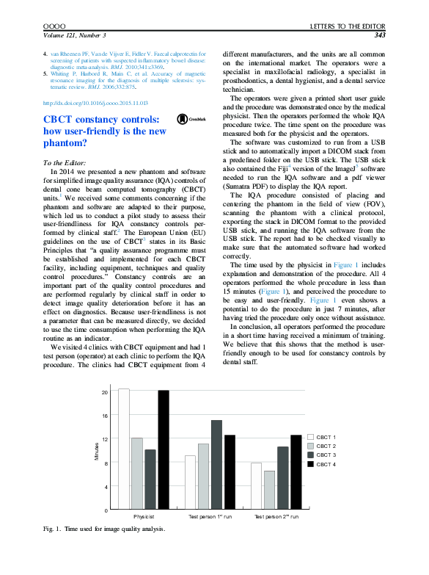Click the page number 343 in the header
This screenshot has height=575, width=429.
pos(380,35)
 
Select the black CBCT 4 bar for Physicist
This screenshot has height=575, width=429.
pos(163,449)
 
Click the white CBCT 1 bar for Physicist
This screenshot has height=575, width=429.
pos(124,449)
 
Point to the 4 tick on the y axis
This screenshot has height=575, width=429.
pos(106,487)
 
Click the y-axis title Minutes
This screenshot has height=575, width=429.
pos(96,452)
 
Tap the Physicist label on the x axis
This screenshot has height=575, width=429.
pos(143,517)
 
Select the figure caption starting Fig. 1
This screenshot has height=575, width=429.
pos(104,529)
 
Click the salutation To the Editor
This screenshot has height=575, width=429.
pos(65,162)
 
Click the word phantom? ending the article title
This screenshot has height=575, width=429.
pos(65,144)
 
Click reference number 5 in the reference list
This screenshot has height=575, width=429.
pos(45,74)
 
